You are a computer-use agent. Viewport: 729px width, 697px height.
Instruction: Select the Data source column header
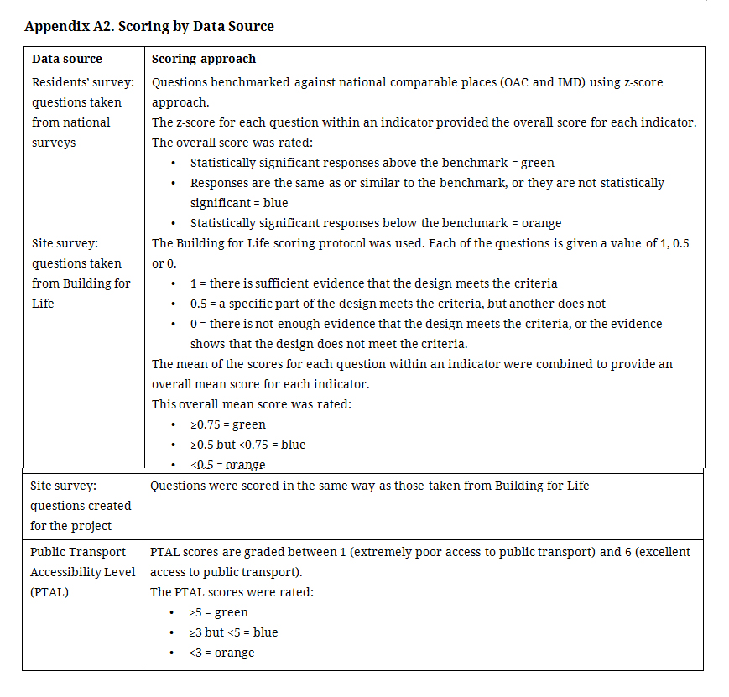tap(66, 59)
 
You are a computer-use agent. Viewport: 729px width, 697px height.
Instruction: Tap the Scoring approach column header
tap(204, 59)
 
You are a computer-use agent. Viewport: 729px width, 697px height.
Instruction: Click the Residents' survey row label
tap(83, 82)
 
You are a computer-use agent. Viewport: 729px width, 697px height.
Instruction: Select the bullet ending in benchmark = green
tap(372, 163)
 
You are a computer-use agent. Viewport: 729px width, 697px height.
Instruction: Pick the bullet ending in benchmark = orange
tap(375, 223)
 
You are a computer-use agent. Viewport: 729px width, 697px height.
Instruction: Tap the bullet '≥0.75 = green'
tap(227, 424)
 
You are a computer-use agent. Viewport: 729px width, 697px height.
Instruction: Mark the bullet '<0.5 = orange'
tap(227, 465)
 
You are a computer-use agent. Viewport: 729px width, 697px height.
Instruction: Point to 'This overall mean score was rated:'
tap(252, 404)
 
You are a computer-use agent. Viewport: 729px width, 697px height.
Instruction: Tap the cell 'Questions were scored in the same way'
tap(369, 486)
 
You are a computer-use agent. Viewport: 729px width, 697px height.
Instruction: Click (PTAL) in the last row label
tap(49, 592)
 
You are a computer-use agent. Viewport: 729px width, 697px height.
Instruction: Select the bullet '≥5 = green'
tap(219, 612)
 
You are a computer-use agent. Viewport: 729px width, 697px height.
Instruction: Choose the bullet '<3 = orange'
tap(221, 653)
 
